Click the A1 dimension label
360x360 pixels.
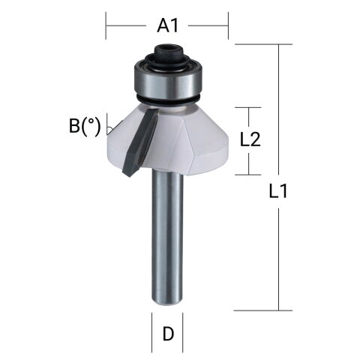167,26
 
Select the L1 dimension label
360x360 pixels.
278,191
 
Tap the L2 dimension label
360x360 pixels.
250,139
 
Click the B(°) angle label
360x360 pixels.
85,125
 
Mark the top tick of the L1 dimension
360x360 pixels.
278,45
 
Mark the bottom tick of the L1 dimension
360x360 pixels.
278,310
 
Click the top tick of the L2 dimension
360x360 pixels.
250,107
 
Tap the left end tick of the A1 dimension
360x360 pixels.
106,26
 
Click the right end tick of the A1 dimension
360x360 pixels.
227,26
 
